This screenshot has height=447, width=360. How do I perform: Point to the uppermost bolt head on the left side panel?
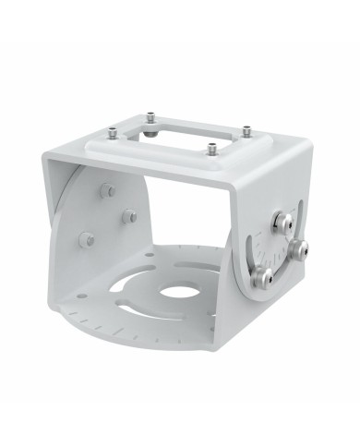tap(106, 191)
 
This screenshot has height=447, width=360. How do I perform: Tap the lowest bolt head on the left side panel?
tap(89, 239)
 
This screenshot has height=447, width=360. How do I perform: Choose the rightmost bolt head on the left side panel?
tap(130, 216)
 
